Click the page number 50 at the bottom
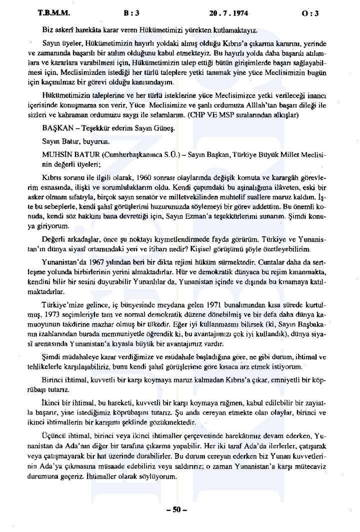pos(179,510)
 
